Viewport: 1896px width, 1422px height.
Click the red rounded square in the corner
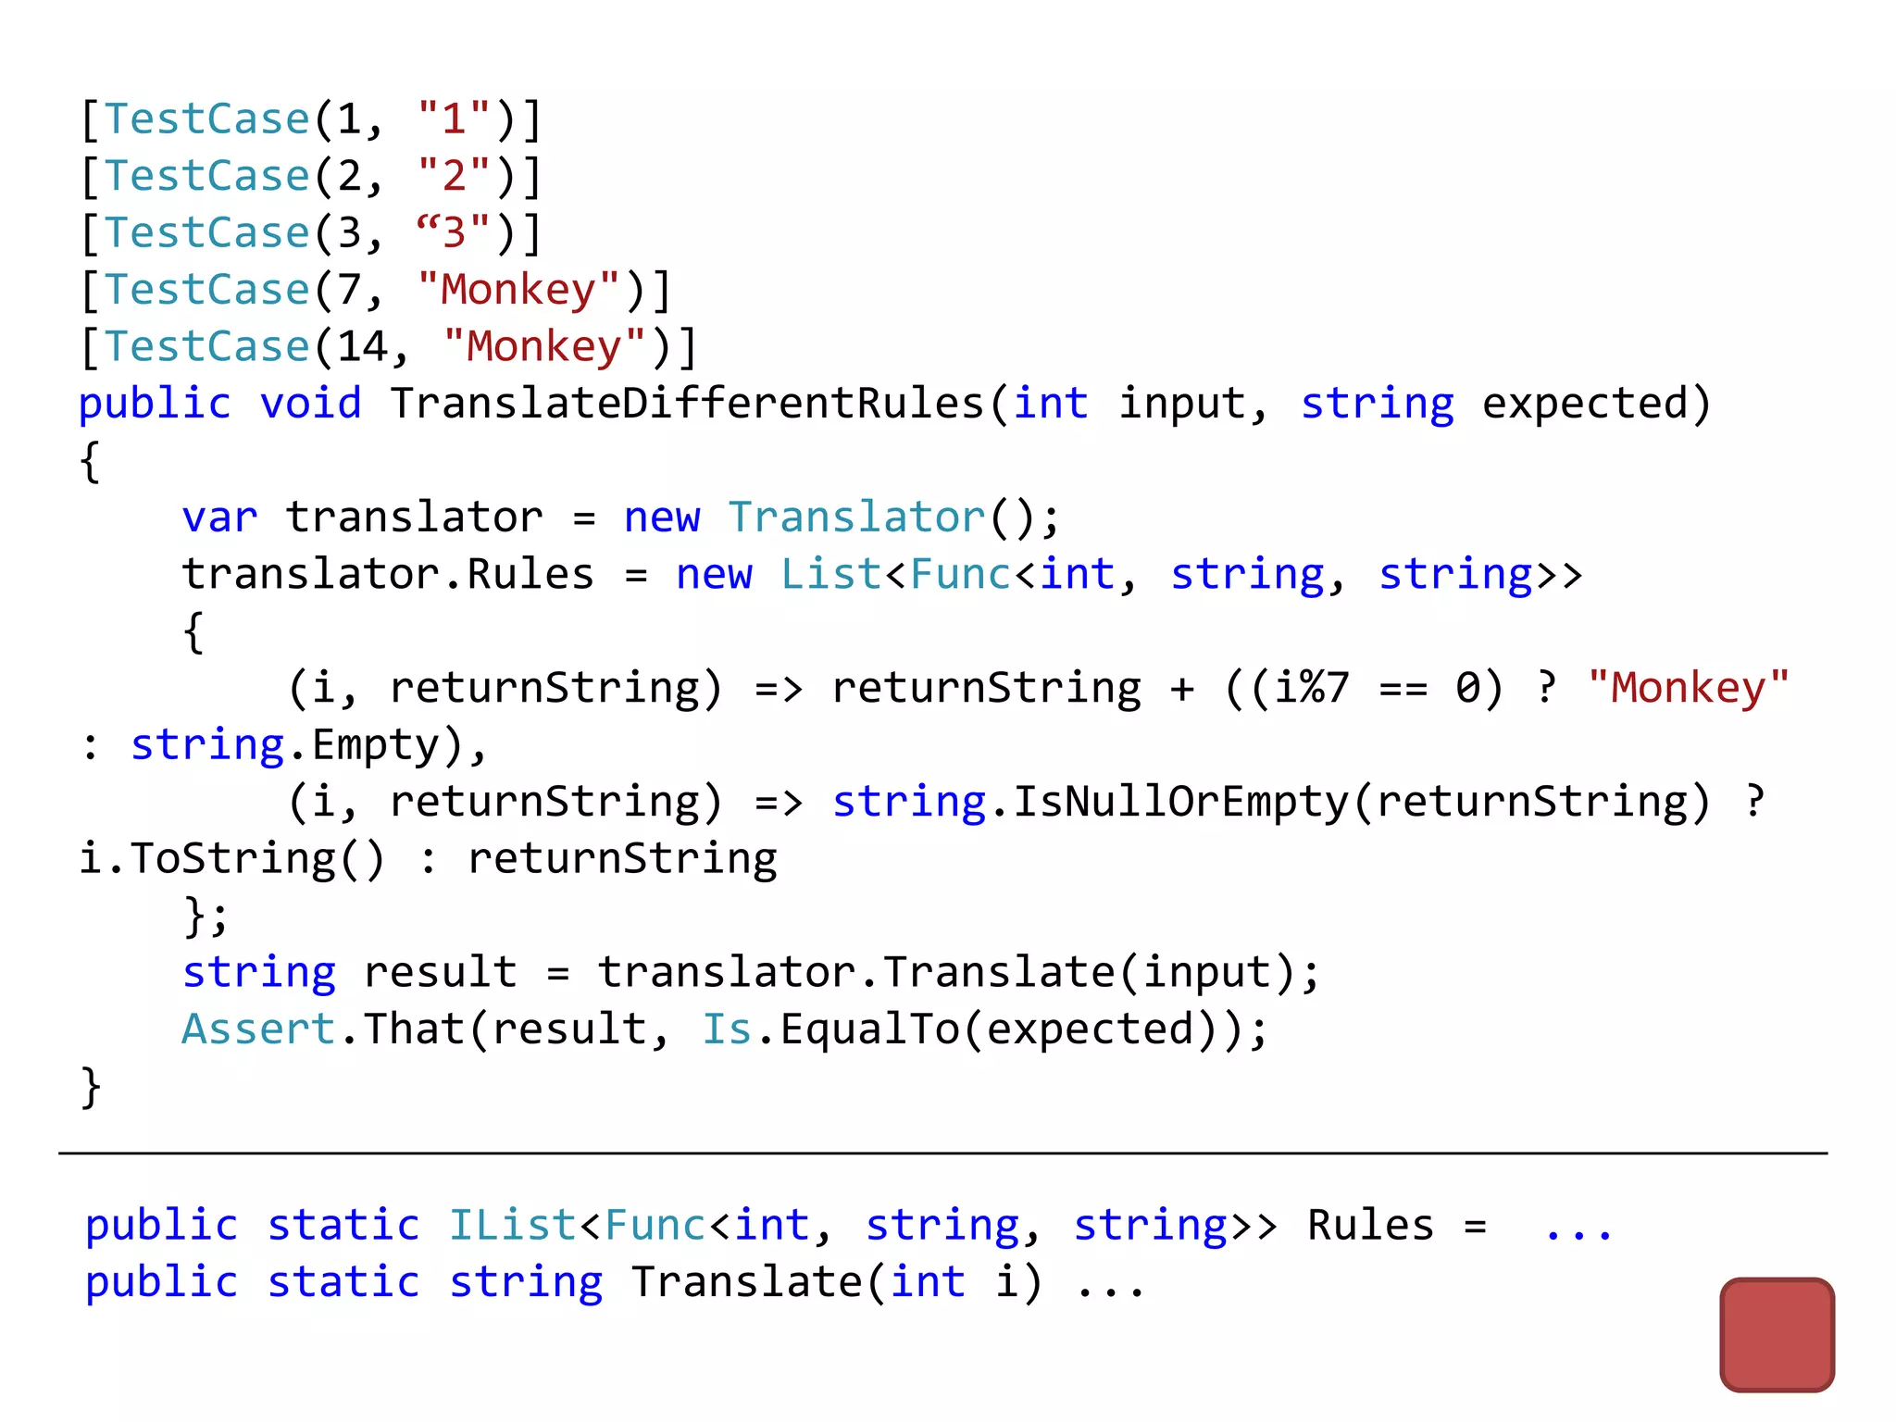(x=1777, y=1334)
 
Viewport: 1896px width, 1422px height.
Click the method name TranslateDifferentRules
(x=687, y=404)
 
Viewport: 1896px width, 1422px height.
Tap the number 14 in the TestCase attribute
(x=362, y=347)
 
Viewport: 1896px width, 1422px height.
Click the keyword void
(x=310, y=404)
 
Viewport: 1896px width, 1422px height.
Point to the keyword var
(x=219, y=518)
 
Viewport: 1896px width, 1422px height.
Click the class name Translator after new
(x=857, y=518)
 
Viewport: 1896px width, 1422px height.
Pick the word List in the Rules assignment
(x=830, y=575)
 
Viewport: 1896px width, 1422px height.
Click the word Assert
(x=258, y=1029)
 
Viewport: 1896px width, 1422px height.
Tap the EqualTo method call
(x=869, y=1029)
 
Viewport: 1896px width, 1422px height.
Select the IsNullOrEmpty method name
(x=1180, y=802)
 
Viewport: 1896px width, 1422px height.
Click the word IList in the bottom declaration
(x=513, y=1226)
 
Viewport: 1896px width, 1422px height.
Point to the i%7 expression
(x=1311, y=688)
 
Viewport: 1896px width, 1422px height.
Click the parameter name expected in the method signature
(x=1584, y=404)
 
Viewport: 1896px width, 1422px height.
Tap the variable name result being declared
(x=440, y=973)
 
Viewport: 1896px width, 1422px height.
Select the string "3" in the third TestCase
(x=453, y=232)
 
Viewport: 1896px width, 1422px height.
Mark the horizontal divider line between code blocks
(x=942, y=1154)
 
